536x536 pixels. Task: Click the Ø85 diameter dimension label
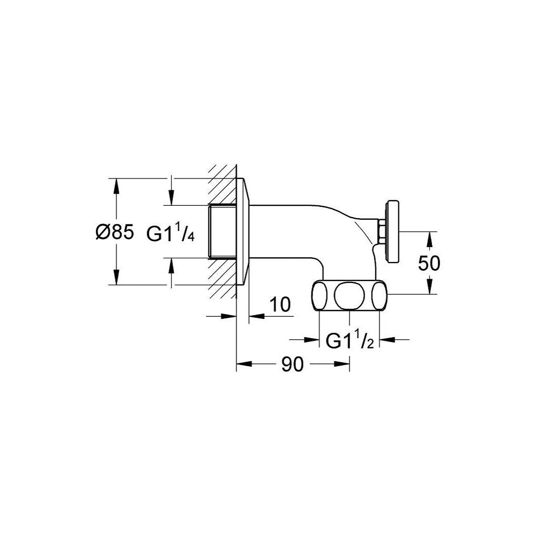pos(115,233)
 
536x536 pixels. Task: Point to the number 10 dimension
pos(280,304)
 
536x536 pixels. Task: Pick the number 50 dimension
pos(429,263)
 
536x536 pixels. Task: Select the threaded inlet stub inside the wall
pos(222,231)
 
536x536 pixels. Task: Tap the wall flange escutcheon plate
pos(243,232)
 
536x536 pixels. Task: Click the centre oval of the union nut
pos(347,295)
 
